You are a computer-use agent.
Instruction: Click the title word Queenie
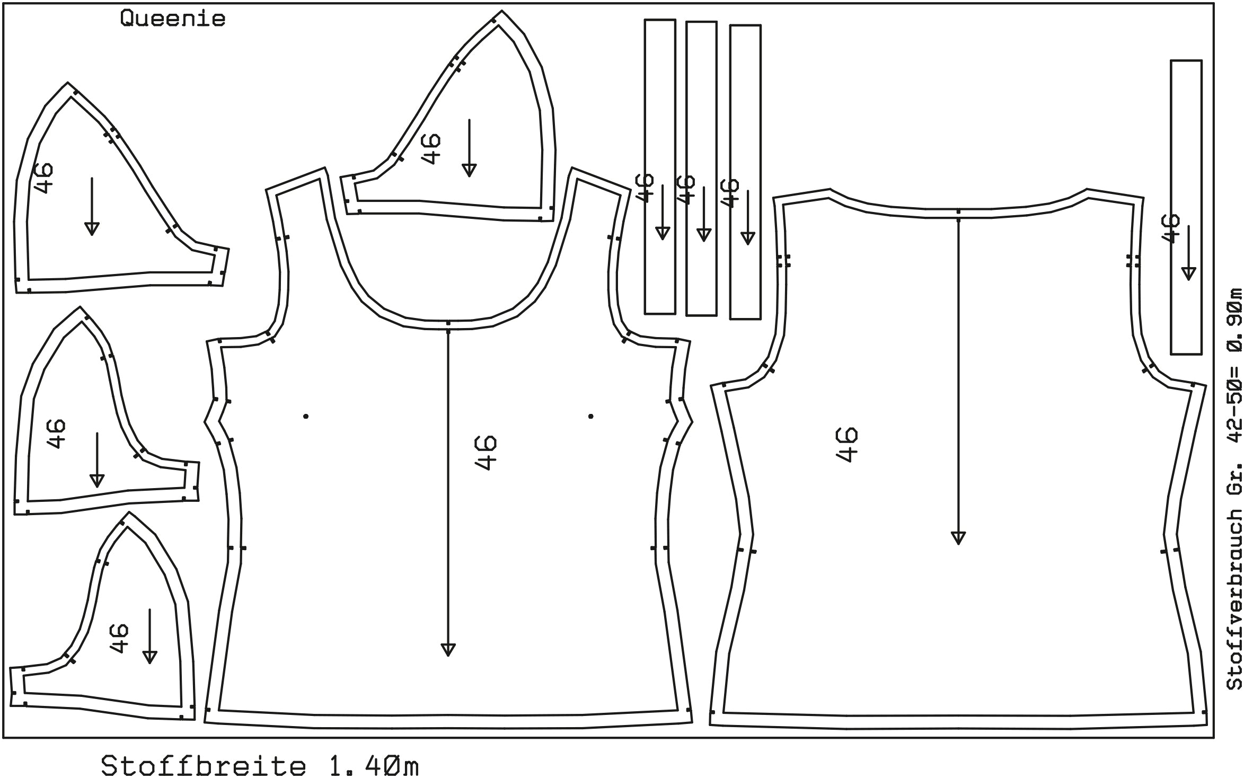tap(173, 19)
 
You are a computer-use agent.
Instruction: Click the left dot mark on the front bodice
tap(306, 417)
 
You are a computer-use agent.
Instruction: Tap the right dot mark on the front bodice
tap(591, 417)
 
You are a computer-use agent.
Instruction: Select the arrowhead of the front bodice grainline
tap(448, 650)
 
